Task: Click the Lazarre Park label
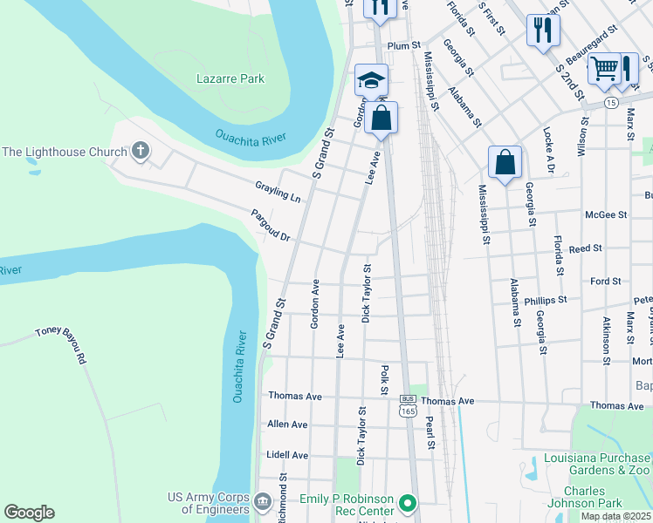tap(230, 79)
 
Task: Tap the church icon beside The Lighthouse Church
tap(141, 152)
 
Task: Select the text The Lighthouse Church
tap(65, 153)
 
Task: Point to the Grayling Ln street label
tap(278, 192)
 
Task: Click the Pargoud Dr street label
tap(270, 225)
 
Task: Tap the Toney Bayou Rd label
tap(61, 344)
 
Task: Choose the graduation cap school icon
tap(371, 80)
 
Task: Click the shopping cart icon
tap(603, 67)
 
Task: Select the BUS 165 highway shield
tap(407, 405)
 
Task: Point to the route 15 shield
tap(611, 103)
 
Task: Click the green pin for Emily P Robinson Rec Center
tap(406, 503)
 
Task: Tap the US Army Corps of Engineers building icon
tap(263, 503)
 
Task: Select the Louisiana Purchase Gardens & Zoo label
tap(597, 465)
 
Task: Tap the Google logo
tap(29, 513)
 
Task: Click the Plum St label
tap(404, 44)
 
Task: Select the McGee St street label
tap(606, 214)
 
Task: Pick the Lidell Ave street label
tap(287, 455)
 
